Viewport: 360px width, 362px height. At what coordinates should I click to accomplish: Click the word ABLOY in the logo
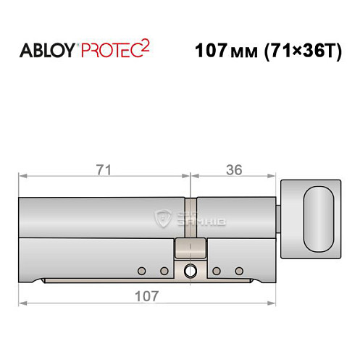click(47, 50)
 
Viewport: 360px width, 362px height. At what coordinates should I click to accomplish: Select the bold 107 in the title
click(211, 51)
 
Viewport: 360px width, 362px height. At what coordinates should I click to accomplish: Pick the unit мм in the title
click(244, 52)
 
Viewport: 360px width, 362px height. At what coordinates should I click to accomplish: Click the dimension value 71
click(103, 170)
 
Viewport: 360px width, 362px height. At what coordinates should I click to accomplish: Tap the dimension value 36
click(233, 170)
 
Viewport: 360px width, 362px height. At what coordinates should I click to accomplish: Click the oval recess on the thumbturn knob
click(319, 218)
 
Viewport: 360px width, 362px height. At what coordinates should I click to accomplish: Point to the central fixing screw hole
click(190, 271)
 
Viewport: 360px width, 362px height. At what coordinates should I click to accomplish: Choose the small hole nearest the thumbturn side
click(238, 271)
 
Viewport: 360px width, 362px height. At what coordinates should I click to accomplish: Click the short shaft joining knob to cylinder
click(279, 218)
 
